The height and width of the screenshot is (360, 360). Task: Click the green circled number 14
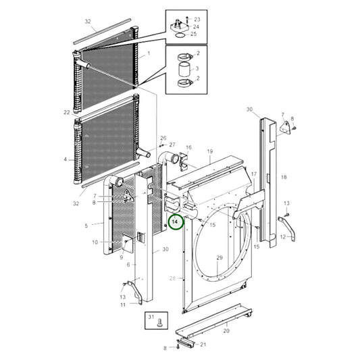[175, 221]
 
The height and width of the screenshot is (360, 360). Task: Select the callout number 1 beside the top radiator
[149, 53]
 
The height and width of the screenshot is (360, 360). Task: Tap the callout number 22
[66, 112]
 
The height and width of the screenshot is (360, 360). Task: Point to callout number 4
[66, 160]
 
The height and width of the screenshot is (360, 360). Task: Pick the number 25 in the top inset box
[194, 34]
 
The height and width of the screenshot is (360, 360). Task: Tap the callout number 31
[151, 317]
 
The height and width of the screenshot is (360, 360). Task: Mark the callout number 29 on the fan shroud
[219, 259]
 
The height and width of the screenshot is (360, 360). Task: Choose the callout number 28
[172, 278]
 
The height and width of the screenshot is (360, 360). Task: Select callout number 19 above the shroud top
[209, 152]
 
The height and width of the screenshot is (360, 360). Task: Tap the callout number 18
[284, 177]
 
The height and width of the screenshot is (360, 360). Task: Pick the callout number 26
[163, 138]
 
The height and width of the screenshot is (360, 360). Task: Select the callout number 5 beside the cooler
[86, 225]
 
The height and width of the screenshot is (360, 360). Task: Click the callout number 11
[122, 305]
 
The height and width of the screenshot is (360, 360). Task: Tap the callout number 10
[95, 242]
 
